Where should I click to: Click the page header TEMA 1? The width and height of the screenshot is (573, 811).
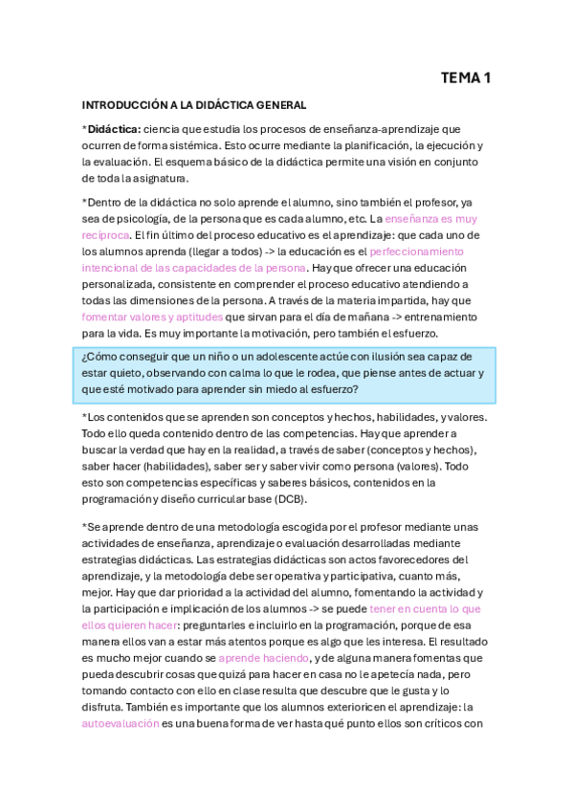465,78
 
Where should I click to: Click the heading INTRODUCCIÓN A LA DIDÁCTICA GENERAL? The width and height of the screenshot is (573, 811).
194,104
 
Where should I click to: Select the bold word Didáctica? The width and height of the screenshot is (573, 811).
115,129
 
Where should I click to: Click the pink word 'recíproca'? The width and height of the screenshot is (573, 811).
105,234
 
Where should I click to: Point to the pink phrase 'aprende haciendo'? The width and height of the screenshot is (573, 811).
263,658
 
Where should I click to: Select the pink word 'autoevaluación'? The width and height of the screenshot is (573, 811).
121,724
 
